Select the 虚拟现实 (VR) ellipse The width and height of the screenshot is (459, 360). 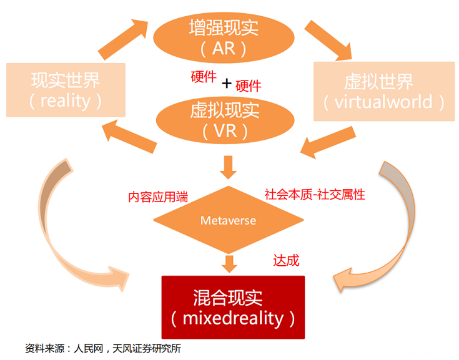[223, 119]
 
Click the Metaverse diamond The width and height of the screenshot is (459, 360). [228, 220]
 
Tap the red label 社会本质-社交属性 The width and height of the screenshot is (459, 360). [315, 194]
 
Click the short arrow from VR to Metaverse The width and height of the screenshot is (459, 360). [229, 167]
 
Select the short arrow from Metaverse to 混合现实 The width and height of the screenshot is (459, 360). [229, 263]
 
